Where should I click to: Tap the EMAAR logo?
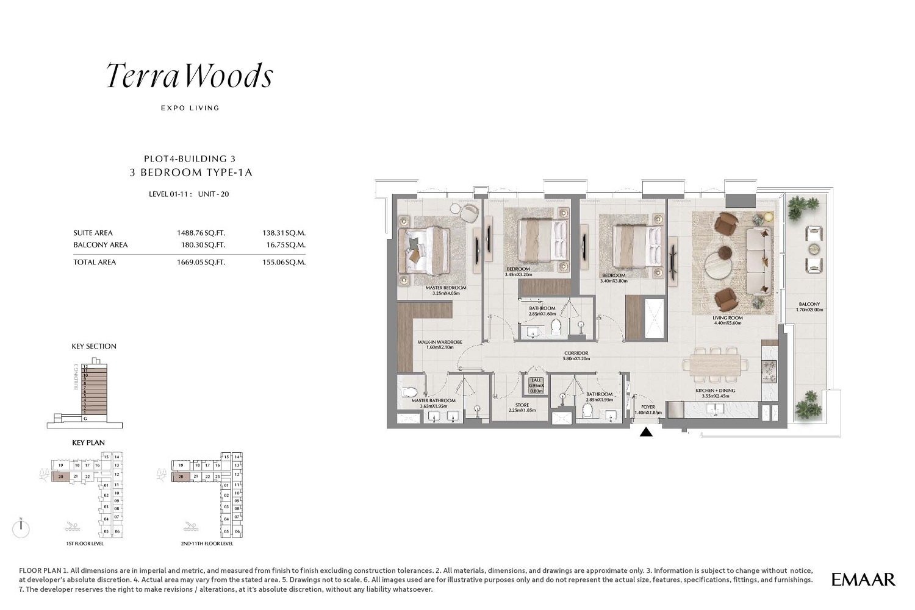pyautogui.click(x=863, y=580)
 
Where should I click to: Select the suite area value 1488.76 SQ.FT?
pyautogui.click(x=201, y=233)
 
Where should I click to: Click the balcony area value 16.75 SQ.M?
pyautogui.click(x=285, y=245)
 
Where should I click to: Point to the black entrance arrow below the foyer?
pyautogui.click(x=646, y=432)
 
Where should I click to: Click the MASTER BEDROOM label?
pyautogui.click(x=446, y=288)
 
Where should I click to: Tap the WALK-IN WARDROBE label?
pyautogui.click(x=439, y=342)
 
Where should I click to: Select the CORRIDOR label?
pyautogui.click(x=576, y=353)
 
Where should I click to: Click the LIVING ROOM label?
pyautogui.click(x=727, y=318)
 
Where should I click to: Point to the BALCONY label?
pyautogui.click(x=809, y=304)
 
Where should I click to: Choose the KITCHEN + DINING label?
pyautogui.click(x=715, y=391)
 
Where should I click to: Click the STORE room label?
pyautogui.click(x=522, y=405)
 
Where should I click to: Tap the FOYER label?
pyautogui.click(x=648, y=407)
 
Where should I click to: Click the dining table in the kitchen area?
pyautogui.click(x=716, y=365)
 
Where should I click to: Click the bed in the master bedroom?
pyautogui.click(x=425, y=250)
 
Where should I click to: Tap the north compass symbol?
pyautogui.click(x=21, y=528)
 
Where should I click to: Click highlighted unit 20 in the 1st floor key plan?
pyautogui.click(x=60, y=477)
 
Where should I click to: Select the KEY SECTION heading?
pyautogui.click(x=94, y=346)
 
